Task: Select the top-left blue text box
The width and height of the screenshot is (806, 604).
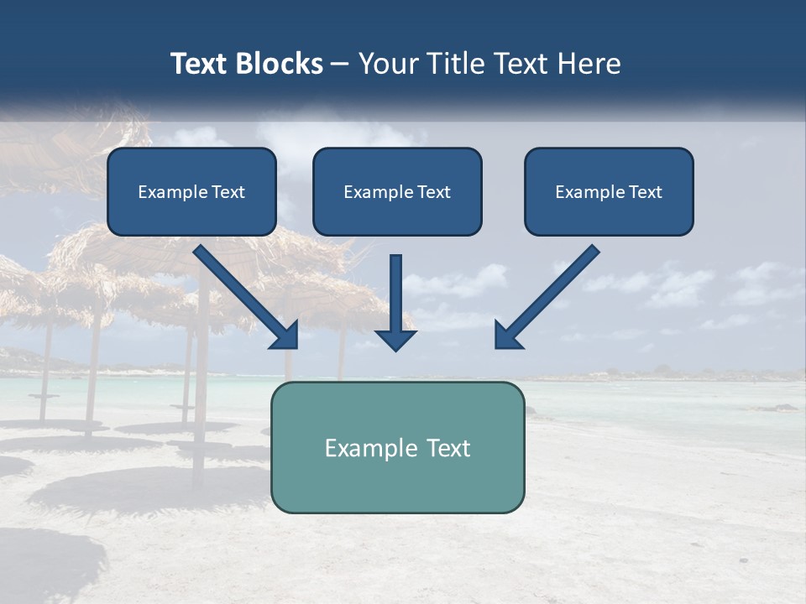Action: (x=191, y=191)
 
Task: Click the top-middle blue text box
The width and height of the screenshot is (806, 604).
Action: (x=397, y=191)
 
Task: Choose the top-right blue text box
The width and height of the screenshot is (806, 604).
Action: (x=609, y=191)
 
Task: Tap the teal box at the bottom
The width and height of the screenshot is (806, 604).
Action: (x=397, y=447)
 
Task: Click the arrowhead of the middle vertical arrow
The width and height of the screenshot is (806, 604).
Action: (x=395, y=338)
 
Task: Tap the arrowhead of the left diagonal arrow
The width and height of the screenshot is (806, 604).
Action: (x=285, y=336)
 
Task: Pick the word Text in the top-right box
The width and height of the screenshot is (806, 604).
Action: (x=644, y=192)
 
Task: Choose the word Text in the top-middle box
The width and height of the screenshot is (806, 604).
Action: (x=433, y=192)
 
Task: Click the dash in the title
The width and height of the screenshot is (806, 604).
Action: (x=340, y=65)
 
